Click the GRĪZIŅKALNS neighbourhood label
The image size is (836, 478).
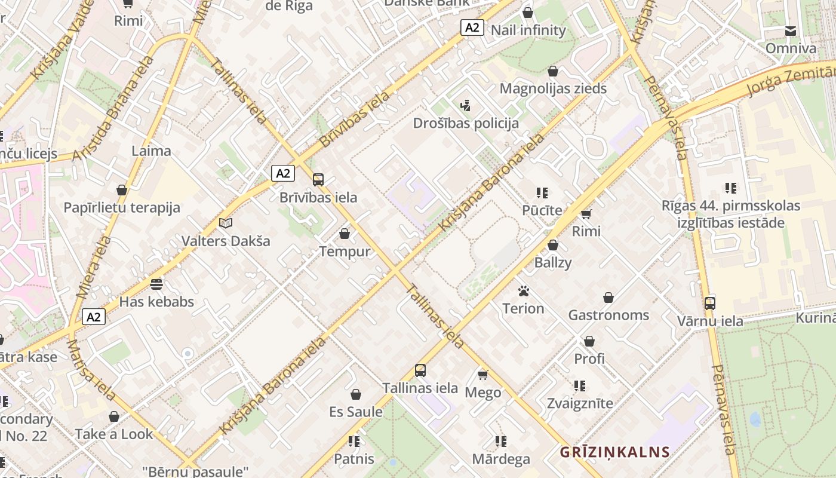(614, 452)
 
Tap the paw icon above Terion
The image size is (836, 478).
(524, 291)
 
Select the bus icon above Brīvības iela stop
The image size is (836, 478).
(318, 179)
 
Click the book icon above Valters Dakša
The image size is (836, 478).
(225, 223)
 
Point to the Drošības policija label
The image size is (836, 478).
(466, 123)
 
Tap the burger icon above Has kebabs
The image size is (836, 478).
(156, 284)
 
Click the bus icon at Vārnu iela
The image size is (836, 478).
(710, 303)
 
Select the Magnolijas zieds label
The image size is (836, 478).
(553, 88)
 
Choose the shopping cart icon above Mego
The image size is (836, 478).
(483, 375)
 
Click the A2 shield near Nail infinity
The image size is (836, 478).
(472, 27)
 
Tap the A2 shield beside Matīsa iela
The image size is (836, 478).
(94, 317)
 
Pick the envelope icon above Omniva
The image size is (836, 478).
(791, 31)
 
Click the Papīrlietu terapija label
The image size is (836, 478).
(122, 208)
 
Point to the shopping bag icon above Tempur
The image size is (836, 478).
(345, 234)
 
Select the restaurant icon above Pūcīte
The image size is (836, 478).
(542, 192)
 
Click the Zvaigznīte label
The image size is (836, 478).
(580, 403)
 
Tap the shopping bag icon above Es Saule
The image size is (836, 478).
(356, 394)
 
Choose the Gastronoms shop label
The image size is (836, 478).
(608, 315)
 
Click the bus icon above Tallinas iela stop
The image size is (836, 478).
(420, 370)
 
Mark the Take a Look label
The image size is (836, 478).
(114, 434)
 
